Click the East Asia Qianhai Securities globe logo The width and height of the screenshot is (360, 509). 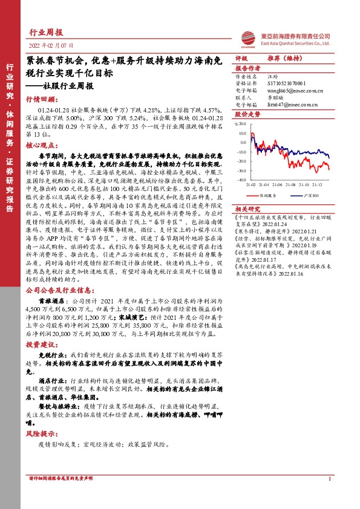point(246,37)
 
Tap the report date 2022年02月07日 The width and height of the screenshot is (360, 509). point(51,46)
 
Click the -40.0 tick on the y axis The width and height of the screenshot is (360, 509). point(241,180)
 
